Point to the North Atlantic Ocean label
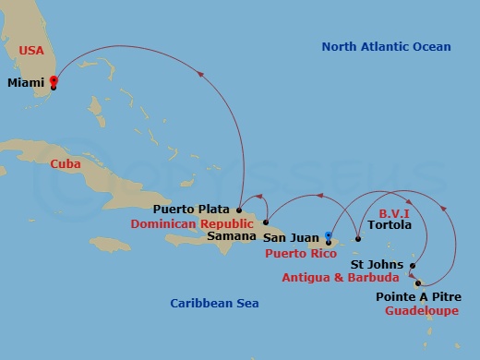click(x=387, y=46)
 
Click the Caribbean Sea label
click(x=215, y=303)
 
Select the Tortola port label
click(x=389, y=223)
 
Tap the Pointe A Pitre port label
click(x=415, y=297)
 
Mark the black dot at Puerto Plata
click(x=238, y=209)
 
